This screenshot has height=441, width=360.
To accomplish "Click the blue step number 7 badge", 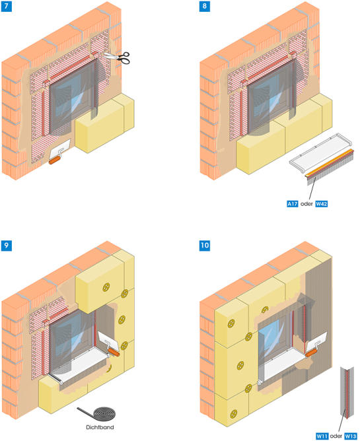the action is click(6, 7).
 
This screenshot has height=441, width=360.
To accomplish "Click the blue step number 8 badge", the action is click(204, 7).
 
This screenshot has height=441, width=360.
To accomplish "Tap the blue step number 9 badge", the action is click(6, 246).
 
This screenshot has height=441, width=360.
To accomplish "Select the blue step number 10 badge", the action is click(205, 246).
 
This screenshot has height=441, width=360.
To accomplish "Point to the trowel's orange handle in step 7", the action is click(54, 160).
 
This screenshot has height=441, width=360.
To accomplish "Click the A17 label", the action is click(292, 203).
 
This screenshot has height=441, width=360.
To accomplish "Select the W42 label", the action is click(321, 203).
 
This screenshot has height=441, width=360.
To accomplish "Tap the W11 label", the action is click(322, 436).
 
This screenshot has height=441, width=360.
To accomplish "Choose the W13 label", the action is click(351, 436).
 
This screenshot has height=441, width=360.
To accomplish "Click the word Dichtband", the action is click(100, 427).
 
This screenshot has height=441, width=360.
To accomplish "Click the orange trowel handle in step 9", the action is click(114, 352).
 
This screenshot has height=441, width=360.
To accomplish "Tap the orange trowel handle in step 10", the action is click(312, 353).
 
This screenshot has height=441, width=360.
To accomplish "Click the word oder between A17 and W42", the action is click(306, 203).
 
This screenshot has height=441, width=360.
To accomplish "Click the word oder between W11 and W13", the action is click(336, 436).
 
